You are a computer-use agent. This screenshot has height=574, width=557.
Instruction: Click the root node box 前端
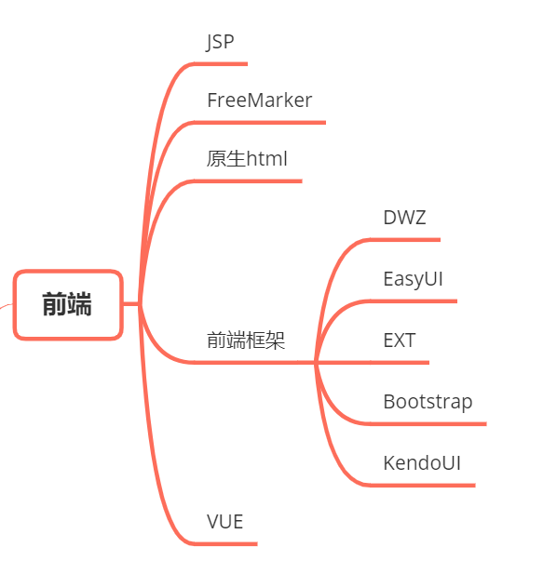[x=68, y=304]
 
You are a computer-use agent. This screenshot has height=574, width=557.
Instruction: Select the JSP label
[x=220, y=42]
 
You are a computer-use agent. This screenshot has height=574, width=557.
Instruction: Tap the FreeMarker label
[x=259, y=100]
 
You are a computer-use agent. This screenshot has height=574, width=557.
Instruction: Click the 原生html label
[x=247, y=159]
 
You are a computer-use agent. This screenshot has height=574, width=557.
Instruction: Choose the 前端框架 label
[x=245, y=340]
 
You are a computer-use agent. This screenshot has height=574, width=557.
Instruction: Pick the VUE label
[x=224, y=522]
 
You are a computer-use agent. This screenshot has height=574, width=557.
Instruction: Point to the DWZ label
[x=404, y=219]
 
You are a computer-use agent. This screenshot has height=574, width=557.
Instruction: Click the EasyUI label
[x=413, y=279]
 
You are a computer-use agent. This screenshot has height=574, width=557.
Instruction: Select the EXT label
[x=399, y=340]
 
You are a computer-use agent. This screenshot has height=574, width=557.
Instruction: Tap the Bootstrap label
[x=428, y=402]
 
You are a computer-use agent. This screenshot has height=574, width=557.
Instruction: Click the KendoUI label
[x=422, y=463]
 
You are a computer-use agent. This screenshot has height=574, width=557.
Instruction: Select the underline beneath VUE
[x=228, y=543]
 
